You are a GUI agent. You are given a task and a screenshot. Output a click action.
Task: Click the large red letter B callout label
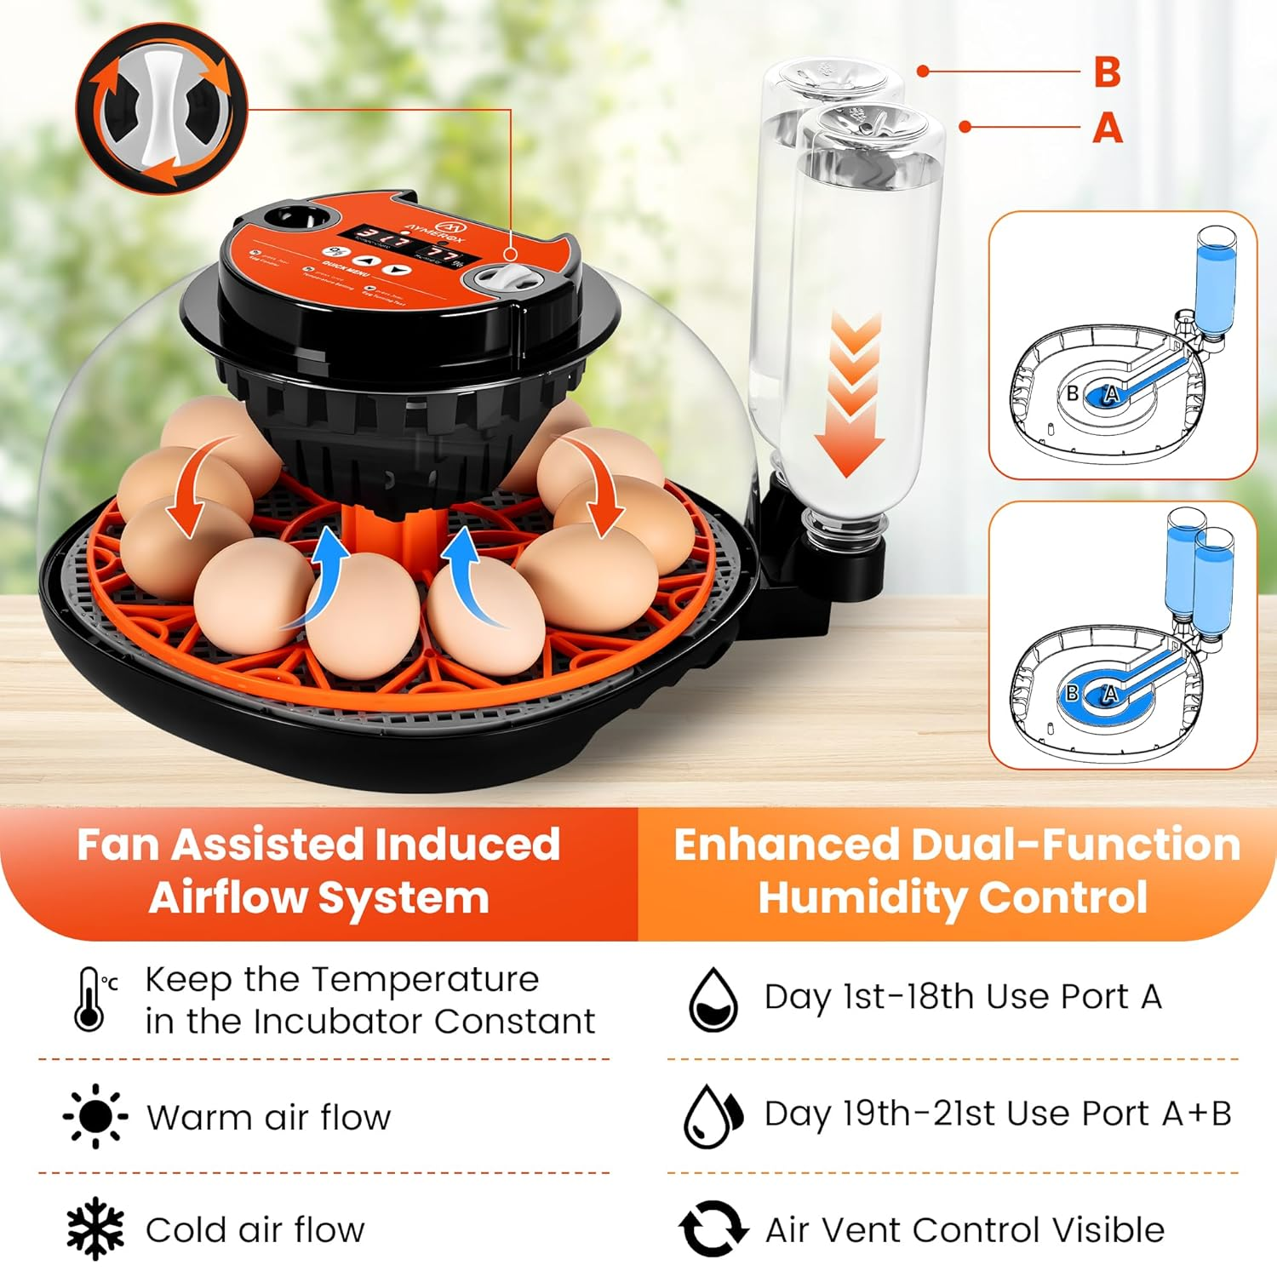1107,72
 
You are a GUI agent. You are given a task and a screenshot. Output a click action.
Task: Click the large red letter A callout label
1107,128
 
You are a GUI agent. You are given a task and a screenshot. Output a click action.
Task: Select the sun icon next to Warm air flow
95,1115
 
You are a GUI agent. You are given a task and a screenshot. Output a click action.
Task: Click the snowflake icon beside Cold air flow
95,1228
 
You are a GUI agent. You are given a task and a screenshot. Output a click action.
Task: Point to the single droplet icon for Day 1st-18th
713,999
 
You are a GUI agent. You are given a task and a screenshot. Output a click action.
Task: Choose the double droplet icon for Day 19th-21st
713,1115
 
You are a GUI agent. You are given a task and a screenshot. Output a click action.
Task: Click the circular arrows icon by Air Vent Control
713,1228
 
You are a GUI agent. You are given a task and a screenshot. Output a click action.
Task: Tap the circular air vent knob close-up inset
162,109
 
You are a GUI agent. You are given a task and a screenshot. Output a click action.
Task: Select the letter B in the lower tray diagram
1073,694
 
